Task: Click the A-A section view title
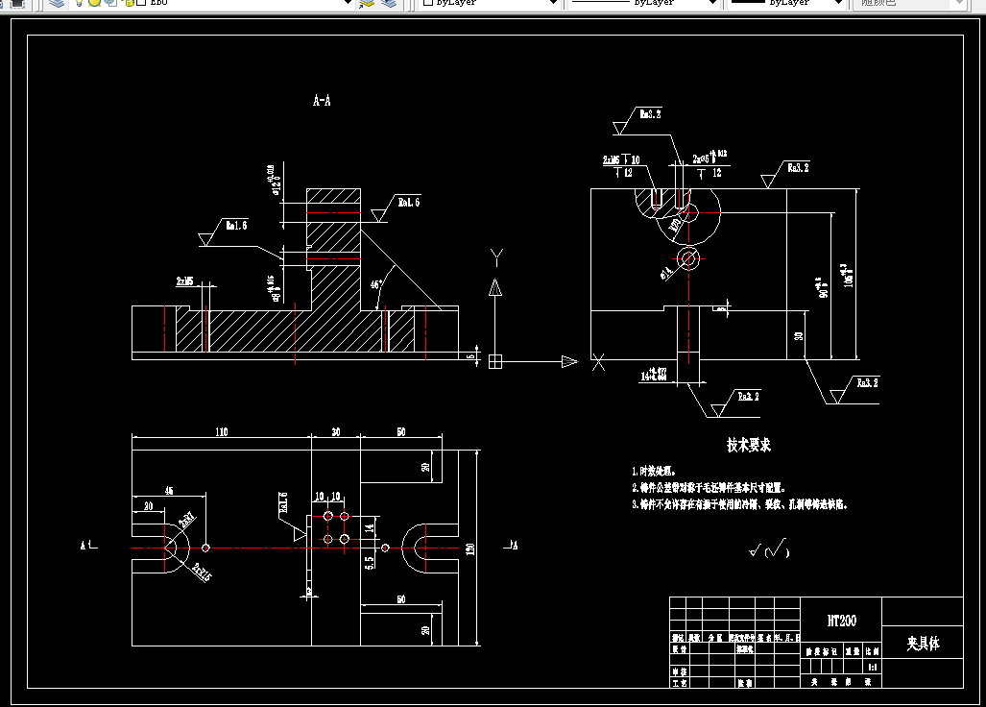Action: point(323,100)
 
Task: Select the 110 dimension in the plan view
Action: point(221,432)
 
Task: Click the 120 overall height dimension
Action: point(470,548)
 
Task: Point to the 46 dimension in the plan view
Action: point(169,491)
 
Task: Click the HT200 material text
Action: point(841,622)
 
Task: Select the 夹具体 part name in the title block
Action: point(923,644)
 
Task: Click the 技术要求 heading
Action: point(749,446)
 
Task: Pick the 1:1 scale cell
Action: point(873,666)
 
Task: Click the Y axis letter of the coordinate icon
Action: point(496,256)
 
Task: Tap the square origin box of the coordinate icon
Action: point(495,361)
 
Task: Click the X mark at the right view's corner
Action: point(599,362)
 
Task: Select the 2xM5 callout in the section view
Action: point(184,281)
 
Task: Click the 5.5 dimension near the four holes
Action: point(369,563)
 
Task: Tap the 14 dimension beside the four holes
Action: point(369,527)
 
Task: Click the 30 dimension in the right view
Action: point(800,336)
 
